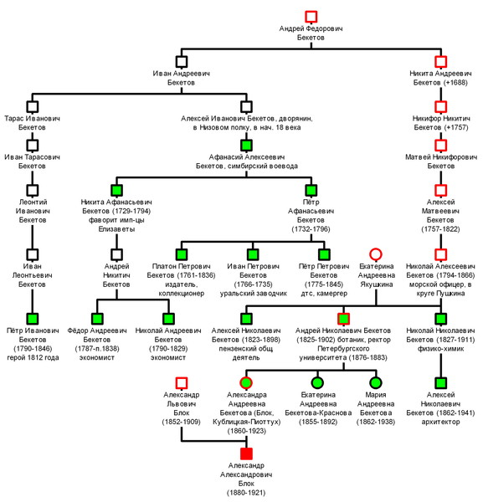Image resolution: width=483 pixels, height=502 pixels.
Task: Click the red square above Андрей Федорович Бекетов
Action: (x=311, y=17)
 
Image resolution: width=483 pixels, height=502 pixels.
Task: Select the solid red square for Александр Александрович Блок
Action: (x=246, y=453)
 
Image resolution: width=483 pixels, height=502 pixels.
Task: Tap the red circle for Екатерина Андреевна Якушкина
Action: (x=376, y=254)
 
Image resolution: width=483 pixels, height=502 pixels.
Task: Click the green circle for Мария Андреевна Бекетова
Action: (x=376, y=382)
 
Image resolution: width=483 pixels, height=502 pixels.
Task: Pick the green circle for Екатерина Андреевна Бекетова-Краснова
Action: (x=317, y=382)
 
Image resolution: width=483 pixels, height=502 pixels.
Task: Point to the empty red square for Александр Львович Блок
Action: (x=182, y=383)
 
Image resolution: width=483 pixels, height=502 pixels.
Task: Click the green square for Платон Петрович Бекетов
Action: (x=182, y=254)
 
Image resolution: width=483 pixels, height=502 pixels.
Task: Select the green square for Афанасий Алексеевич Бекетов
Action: (x=246, y=145)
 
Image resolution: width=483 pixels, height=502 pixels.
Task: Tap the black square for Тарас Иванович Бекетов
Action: (x=33, y=106)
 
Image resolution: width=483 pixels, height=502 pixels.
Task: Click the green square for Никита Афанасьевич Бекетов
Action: (x=116, y=190)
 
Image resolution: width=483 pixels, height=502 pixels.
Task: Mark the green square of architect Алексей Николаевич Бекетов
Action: (x=440, y=383)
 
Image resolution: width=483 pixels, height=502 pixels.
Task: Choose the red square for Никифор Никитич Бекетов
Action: (x=440, y=106)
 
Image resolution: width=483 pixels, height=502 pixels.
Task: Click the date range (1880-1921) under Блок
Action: (x=246, y=493)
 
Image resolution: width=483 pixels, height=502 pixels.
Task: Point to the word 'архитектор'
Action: (x=440, y=422)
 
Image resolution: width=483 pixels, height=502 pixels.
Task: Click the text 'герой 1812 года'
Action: (x=33, y=357)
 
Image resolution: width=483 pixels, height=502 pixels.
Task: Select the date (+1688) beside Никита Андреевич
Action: (x=456, y=83)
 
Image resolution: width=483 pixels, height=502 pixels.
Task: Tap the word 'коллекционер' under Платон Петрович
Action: (x=182, y=294)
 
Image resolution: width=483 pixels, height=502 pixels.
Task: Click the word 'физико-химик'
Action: (x=440, y=349)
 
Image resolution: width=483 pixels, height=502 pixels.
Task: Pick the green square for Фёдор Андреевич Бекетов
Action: (x=97, y=319)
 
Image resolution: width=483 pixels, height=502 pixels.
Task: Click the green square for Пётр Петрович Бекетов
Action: (x=324, y=254)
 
